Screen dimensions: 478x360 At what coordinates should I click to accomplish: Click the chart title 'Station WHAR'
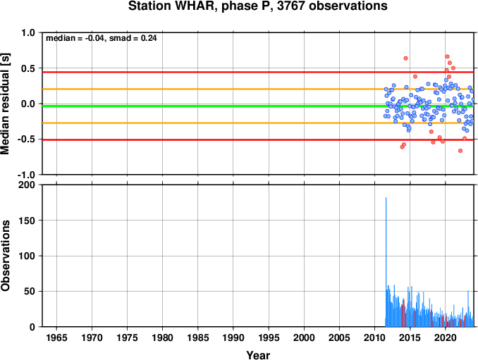click(171, 6)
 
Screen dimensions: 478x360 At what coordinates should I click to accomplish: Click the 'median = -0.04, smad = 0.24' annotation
click(102, 38)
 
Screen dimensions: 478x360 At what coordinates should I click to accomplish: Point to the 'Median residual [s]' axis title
click(5, 104)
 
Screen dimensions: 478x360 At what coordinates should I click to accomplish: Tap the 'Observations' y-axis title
click(5, 256)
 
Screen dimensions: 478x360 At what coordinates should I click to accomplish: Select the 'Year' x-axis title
click(258, 355)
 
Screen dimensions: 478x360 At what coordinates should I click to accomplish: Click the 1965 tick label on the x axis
click(56, 337)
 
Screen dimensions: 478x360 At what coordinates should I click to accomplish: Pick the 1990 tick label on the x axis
click(233, 337)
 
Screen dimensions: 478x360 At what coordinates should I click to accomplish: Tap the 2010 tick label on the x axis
click(374, 337)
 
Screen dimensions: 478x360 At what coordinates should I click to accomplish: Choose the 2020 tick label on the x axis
click(446, 337)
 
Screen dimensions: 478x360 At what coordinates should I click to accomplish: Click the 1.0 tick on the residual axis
click(28, 32)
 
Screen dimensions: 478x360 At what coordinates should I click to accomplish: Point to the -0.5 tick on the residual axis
click(26, 139)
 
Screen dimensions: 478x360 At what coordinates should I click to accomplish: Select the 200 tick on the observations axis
click(27, 185)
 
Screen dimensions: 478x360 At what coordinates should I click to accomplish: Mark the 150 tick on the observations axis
click(27, 221)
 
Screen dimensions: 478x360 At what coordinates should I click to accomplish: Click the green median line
click(258, 106)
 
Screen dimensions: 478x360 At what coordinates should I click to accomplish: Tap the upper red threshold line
click(258, 72)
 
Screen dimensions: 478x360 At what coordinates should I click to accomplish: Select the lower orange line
click(258, 123)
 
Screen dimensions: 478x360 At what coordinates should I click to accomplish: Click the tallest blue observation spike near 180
click(386, 262)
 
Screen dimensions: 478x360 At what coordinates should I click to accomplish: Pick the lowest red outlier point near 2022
click(460, 151)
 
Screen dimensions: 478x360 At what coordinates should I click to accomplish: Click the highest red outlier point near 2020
click(447, 56)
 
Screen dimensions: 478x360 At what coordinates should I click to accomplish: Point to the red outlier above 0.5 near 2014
click(405, 58)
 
